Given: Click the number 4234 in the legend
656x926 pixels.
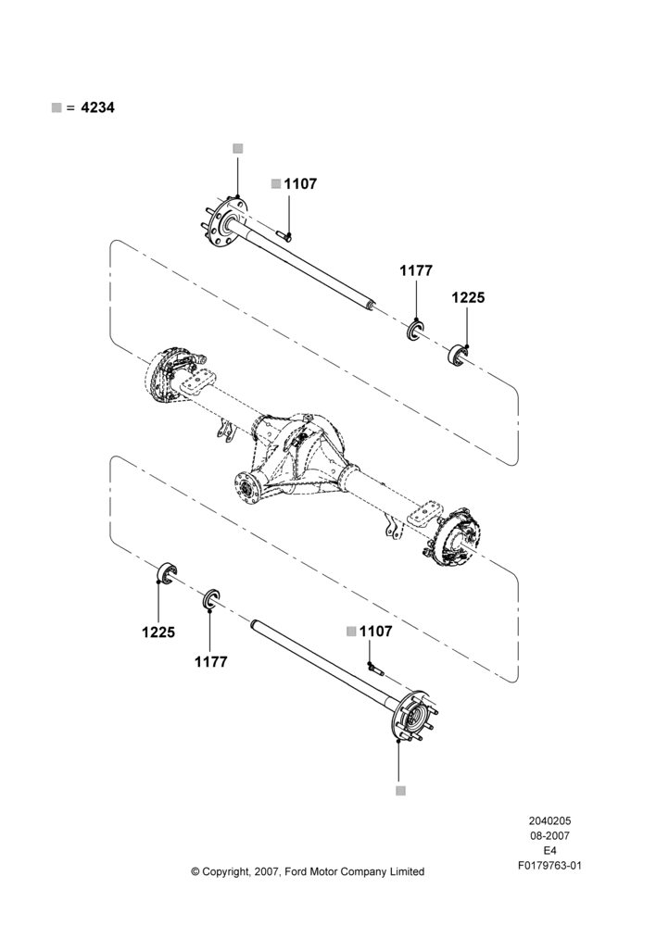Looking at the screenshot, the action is pyautogui.click(x=97, y=107).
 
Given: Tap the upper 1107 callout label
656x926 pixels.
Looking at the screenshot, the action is pyautogui.click(x=300, y=183).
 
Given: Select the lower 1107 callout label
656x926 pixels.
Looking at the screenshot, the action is pyautogui.click(x=376, y=632).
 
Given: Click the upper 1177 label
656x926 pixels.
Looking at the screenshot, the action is pyautogui.click(x=416, y=270).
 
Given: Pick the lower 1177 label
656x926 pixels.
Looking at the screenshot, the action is pyautogui.click(x=211, y=662).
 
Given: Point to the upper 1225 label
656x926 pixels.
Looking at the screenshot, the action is pyautogui.click(x=468, y=297).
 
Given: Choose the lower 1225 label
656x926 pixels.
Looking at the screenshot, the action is pyautogui.click(x=158, y=632).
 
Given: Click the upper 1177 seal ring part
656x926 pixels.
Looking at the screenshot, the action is pyautogui.click(x=415, y=331).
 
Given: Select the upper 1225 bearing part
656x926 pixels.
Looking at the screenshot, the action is pyautogui.click(x=458, y=353).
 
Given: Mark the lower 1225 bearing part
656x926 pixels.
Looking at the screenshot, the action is pyautogui.click(x=167, y=574).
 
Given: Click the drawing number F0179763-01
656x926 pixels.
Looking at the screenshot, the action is pyautogui.click(x=549, y=866).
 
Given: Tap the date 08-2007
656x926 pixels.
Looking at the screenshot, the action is pyautogui.click(x=549, y=835).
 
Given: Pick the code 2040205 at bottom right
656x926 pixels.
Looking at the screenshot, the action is pyautogui.click(x=549, y=820).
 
